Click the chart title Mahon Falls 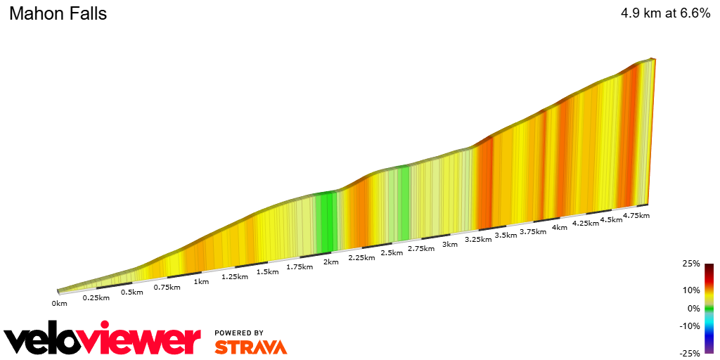coord(58,13)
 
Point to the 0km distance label coord(59,303)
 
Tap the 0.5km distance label coord(131,292)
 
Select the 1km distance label coord(201,282)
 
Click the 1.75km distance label coord(300,267)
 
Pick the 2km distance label coord(331,262)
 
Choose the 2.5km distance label coord(392,252)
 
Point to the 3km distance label coord(450,244)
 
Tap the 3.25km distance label coord(477,240)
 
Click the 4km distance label coord(560,227)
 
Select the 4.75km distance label coord(636,215)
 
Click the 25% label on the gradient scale coord(691,264)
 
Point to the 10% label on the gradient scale coord(691,290)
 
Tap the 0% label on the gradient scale coord(693,308)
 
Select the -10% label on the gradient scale coord(690,326)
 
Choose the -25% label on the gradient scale coord(690,353)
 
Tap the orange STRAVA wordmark coord(250,347)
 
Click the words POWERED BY coord(239,333)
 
